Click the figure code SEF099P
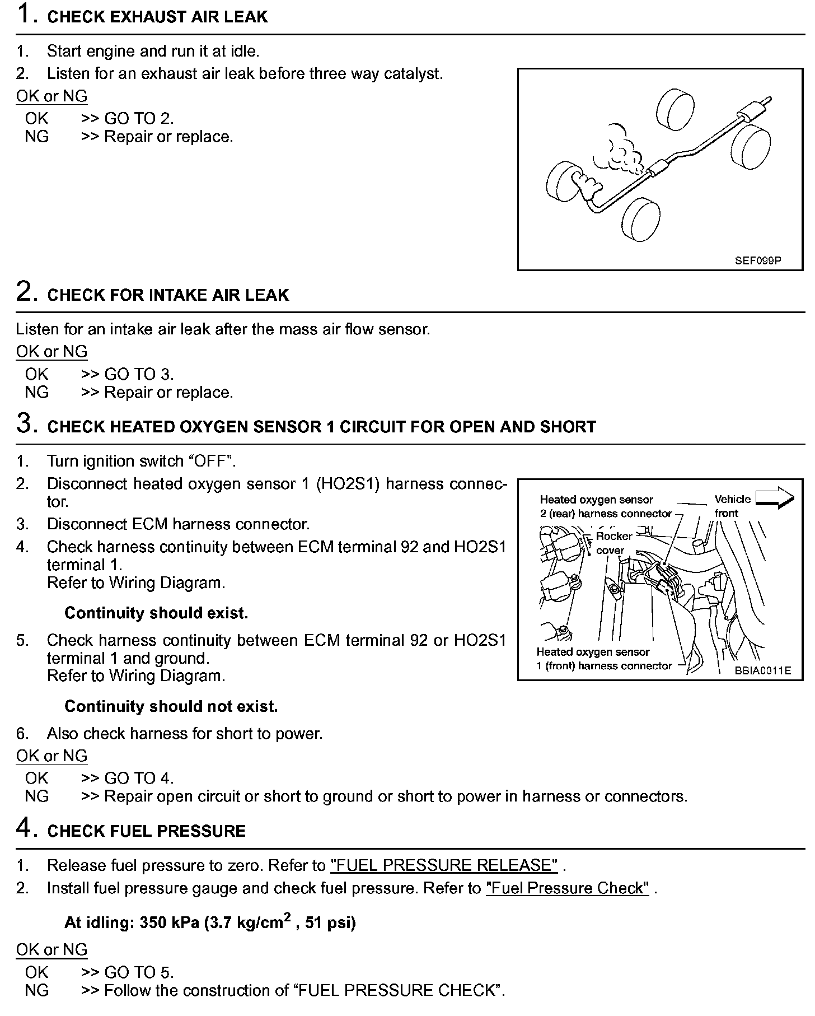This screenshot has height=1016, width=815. click(758, 260)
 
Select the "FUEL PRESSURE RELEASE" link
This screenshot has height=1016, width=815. click(444, 865)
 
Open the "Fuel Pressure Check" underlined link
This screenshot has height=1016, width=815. click(567, 888)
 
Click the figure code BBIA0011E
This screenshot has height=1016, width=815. click(763, 670)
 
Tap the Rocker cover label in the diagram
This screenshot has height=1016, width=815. click(613, 543)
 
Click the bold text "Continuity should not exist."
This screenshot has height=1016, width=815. click(171, 706)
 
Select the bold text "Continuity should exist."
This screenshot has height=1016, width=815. click(156, 613)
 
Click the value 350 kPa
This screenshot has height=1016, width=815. click(169, 922)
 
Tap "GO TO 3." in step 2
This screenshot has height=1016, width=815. click(139, 374)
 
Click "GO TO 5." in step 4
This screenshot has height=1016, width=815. click(139, 972)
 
